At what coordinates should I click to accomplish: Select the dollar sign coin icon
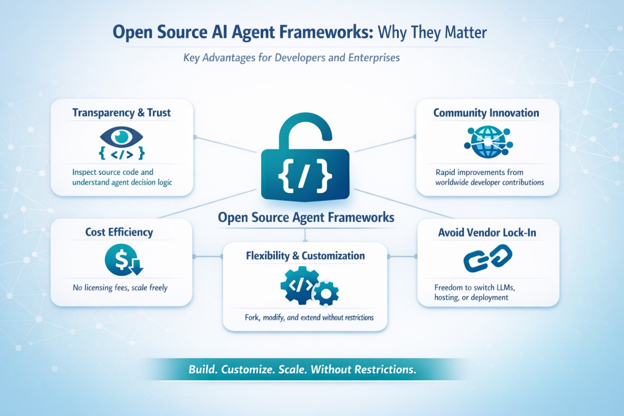click(x=121, y=260)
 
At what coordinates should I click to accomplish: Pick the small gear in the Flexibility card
click(x=326, y=294)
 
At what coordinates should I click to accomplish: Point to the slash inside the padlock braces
click(x=305, y=175)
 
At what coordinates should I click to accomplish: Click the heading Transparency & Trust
click(x=121, y=113)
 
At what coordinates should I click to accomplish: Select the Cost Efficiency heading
click(x=119, y=232)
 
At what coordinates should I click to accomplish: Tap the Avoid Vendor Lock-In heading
click(x=487, y=233)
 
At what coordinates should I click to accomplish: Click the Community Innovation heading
click(x=486, y=113)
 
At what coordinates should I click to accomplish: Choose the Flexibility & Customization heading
click(x=305, y=256)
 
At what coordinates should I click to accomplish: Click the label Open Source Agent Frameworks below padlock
click(x=306, y=218)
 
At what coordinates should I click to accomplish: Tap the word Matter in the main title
click(x=465, y=32)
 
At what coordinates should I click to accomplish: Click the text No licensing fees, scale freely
click(x=120, y=287)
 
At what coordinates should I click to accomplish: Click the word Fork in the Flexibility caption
click(x=252, y=317)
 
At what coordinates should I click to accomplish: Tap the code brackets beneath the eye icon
click(x=121, y=154)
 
